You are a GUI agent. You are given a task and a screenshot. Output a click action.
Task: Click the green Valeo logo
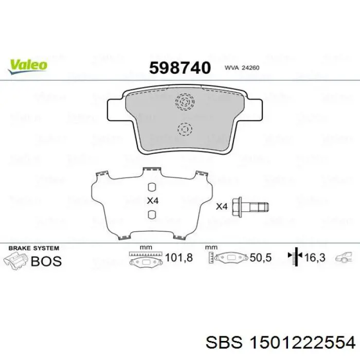[x=28, y=66]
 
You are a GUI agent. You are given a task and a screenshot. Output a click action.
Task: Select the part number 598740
[x=180, y=68]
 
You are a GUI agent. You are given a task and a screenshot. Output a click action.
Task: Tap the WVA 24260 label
[x=242, y=68]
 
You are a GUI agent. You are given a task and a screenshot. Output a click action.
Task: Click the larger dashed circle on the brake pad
[x=185, y=102]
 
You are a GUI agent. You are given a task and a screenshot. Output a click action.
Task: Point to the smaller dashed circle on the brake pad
[x=185, y=130]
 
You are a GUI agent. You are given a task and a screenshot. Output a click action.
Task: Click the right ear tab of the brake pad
[x=253, y=110]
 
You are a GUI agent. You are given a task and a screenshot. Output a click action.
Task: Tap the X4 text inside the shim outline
[x=153, y=201]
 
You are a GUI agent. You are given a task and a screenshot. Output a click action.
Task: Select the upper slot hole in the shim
[x=152, y=187]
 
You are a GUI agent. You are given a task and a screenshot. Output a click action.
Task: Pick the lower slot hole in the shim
[x=152, y=214]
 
